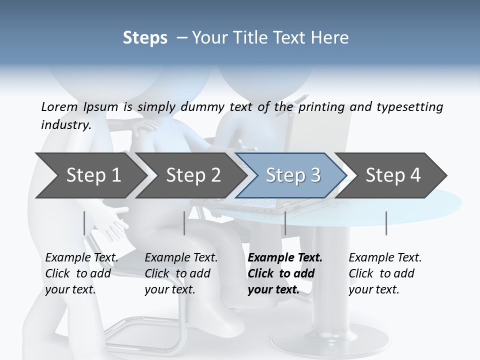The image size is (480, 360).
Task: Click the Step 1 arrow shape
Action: [x=90, y=175]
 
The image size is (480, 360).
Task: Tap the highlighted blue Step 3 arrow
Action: [x=292, y=175]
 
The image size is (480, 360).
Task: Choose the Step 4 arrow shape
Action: [x=392, y=175]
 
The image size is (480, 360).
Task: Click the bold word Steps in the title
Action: [x=145, y=37]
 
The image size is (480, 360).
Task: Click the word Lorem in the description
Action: [x=59, y=107]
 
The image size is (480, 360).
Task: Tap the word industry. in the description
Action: [x=66, y=125]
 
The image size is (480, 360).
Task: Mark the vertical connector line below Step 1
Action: [x=84, y=223]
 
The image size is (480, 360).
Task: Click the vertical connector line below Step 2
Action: [x=184, y=223]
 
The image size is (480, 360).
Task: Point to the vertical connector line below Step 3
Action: [x=285, y=223]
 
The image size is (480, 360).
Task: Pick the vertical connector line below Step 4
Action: [x=386, y=223]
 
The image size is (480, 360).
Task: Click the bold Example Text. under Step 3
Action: [x=285, y=258]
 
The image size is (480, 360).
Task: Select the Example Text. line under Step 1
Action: [x=81, y=258]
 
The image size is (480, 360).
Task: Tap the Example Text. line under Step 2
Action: [x=181, y=258]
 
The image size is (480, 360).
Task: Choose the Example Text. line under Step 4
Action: [x=385, y=258]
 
